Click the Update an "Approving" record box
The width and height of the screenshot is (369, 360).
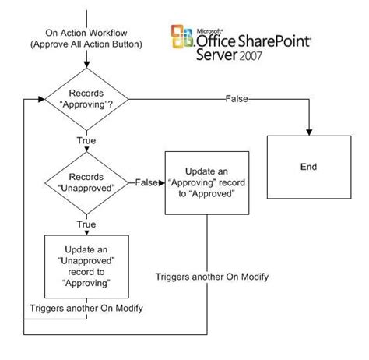(x=208, y=182)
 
